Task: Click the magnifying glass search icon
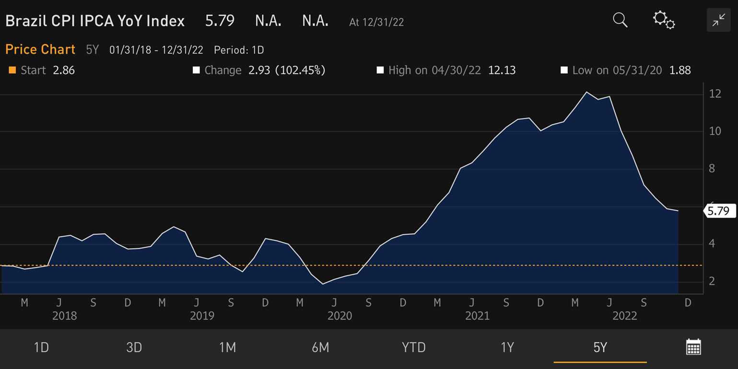pos(620,20)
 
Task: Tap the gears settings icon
pos(664,20)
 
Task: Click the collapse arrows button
pos(718,20)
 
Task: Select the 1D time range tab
pos(41,347)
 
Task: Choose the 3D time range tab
pos(134,347)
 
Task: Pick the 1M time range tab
pos(227,347)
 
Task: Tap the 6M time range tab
pos(320,347)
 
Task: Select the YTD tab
pos(413,347)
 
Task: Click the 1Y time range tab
pos(507,347)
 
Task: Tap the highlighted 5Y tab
pos(600,347)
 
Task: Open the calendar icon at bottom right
pos(693,346)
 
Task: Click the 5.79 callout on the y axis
pos(719,211)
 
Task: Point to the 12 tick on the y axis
pos(715,94)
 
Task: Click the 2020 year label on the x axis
pos(340,316)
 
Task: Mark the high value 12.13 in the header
pos(502,70)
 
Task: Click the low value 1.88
pos(679,70)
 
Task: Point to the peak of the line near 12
pos(586,92)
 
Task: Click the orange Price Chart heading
pos(40,49)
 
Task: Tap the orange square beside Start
pos(12,70)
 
